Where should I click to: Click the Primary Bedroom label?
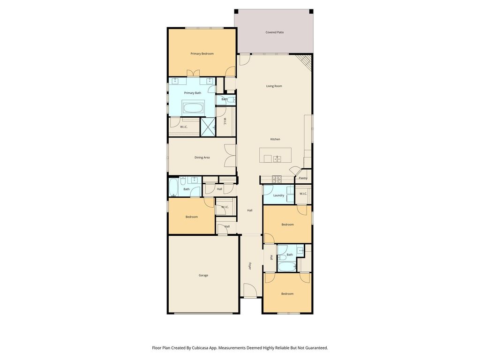click(x=202, y=54)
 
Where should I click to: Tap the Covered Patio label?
click(x=275, y=32)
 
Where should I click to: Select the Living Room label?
click(x=274, y=86)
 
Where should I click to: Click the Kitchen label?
click(x=275, y=139)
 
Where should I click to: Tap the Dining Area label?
click(x=202, y=157)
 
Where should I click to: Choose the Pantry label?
click(x=303, y=178)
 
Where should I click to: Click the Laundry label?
click(x=278, y=195)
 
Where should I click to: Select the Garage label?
click(x=203, y=275)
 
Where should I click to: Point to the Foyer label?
click(x=250, y=266)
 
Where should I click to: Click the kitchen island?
click(x=276, y=155)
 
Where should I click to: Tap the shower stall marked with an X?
click(x=208, y=127)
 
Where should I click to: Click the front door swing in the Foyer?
click(x=249, y=290)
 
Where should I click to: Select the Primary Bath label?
click(x=193, y=93)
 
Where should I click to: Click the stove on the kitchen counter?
click(x=277, y=180)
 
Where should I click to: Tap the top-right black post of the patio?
click(x=311, y=12)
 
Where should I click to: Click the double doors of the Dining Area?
click(x=230, y=156)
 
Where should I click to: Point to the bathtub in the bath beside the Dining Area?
click(x=173, y=187)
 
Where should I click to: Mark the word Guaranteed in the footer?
click(x=317, y=348)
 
